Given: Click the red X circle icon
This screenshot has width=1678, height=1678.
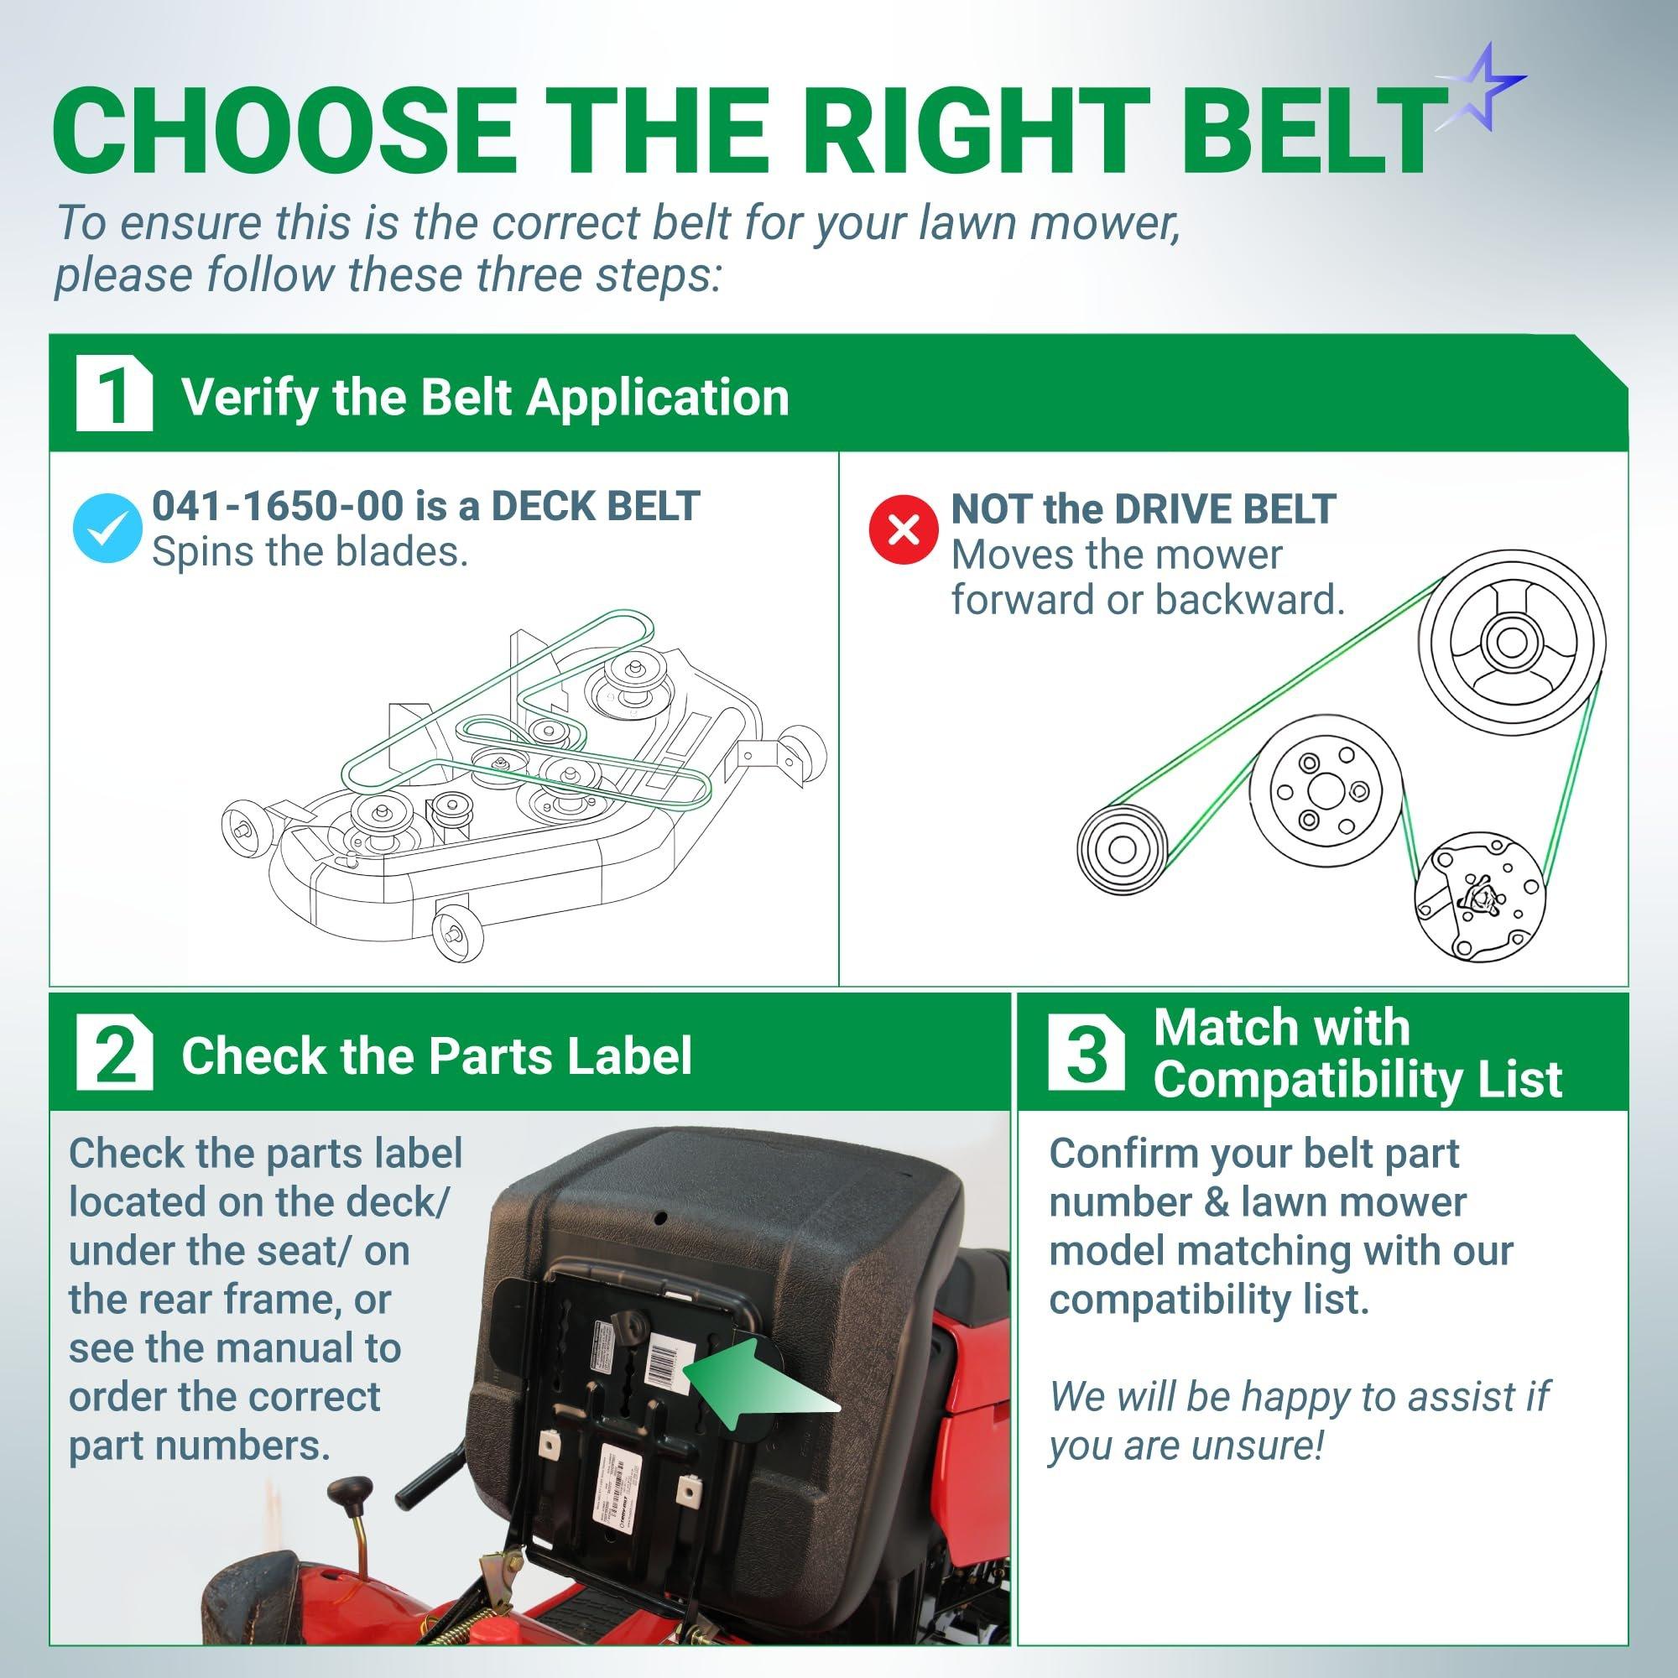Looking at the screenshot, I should click(904, 529).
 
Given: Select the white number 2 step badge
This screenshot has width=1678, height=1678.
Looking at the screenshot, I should click(114, 1056).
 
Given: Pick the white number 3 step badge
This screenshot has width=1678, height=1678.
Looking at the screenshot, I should click(1085, 1056).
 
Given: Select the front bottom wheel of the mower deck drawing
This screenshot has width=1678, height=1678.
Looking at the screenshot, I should click(452, 933).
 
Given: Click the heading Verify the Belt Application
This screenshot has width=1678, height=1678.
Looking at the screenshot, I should click(485, 398).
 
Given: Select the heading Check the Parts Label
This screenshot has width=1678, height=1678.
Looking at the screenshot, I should click(436, 1056).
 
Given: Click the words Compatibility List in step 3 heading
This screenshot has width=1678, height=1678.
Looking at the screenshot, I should click(1357, 1079).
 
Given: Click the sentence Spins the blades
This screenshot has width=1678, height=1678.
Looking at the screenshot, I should click(310, 551).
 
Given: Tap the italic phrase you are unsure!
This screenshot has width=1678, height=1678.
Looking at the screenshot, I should click(1186, 1446).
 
